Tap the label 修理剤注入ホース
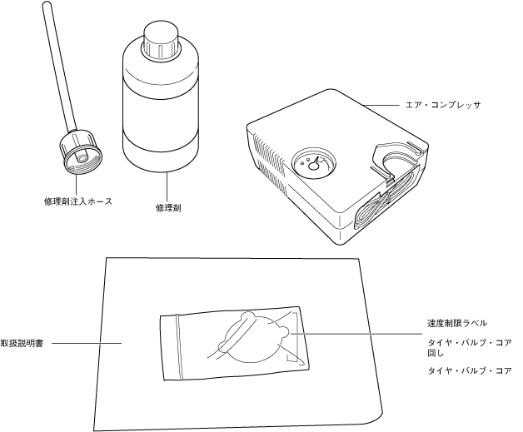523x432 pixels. pos(77,201)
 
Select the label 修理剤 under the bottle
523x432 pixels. pos(168,207)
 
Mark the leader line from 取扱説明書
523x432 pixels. pos(87,342)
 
